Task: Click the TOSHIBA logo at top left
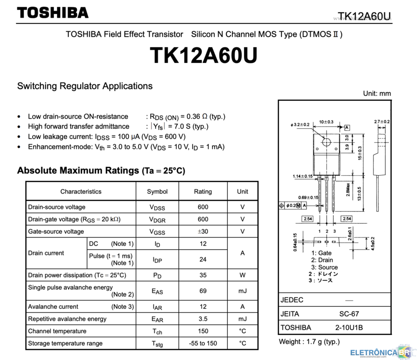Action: click(53, 13)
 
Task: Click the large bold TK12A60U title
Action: click(204, 56)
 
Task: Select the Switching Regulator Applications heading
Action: click(85, 86)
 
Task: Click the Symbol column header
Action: click(157, 192)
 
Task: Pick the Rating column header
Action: click(203, 192)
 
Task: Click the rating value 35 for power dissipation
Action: click(203, 275)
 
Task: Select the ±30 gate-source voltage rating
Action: click(203, 231)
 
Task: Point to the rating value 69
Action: click(203, 291)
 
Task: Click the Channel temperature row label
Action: click(57, 331)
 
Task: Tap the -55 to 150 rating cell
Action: click(203, 343)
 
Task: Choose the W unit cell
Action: click(242, 275)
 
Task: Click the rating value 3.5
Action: click(203, 319)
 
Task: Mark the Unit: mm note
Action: click(377, 94)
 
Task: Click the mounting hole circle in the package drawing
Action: click(326, 142)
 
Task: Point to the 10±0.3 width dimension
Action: click(326, 122)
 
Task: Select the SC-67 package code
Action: click(349, 314)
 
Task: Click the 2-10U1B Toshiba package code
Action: click(349, 327)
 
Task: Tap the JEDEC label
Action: click(292, 300)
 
